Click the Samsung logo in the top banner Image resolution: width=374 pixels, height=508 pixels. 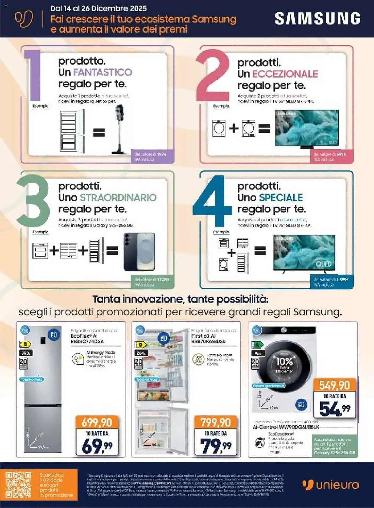(x=317, y=19)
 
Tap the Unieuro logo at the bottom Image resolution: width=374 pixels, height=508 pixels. (x=331, y=485)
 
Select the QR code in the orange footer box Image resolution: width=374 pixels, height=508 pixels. (x=18, y=484)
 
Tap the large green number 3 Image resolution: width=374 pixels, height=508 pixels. (x=33, y=198)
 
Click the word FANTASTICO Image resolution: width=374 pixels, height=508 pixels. (x=103, y=72)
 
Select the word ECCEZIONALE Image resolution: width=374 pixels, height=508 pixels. (x=285, y=74)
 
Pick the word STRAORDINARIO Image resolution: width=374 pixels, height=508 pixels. (x=118, y=198)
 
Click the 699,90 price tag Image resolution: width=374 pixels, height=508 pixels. (x=97, y=422)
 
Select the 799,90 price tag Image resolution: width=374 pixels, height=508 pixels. (x=216, y=422)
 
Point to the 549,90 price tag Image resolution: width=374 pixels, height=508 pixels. (x=334, y=385)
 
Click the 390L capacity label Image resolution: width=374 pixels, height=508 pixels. (x=26, y=353)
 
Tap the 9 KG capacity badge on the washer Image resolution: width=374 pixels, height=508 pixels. (x=258, y=353)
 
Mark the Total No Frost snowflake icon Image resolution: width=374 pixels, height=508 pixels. (x=199, y=359)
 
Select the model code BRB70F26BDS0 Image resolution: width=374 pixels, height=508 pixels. (x=208, y=342)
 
